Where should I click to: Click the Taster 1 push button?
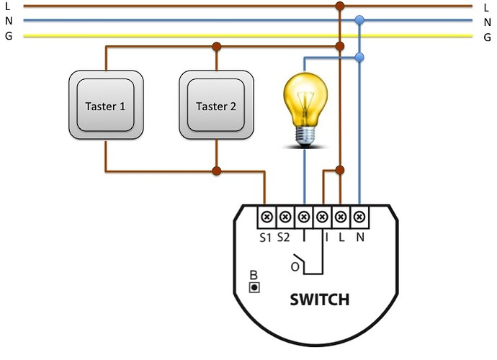coord(105,105)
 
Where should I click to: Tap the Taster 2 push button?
coord(216,105)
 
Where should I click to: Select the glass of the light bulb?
coord(304,98)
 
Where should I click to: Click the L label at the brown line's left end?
coord(8,6)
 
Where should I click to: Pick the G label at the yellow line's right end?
coord(488,36)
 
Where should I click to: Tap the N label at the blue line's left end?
coord(8,21)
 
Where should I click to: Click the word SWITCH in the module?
coord(320,299)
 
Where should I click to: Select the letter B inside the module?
coord(253,274)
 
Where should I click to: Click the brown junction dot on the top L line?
coord(340,6)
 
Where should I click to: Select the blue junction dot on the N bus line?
coord(359,21)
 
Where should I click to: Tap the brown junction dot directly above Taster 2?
coord(216,47)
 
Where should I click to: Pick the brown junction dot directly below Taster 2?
coord(216,171)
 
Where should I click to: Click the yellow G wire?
coord(180,35)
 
